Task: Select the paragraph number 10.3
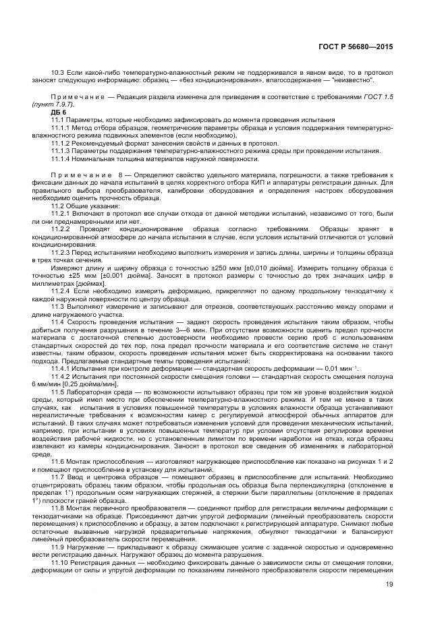58,71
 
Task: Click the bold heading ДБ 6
59,112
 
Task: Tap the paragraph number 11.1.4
63,158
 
